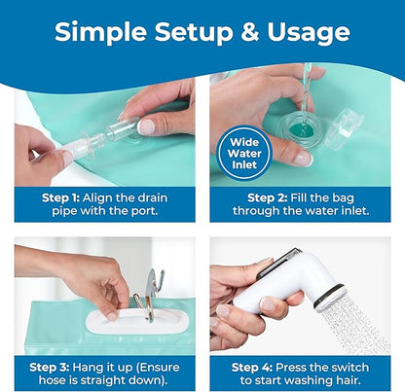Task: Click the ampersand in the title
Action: point(249,31)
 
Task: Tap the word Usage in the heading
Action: point(309,33)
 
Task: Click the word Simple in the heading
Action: point(100,33)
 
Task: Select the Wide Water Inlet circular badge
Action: point(244,153)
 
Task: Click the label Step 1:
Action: point(60,197)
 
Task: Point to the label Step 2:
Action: point(267,197)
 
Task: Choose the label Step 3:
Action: point(49,367)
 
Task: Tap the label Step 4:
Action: point(252,367)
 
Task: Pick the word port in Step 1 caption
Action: point(144,211)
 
